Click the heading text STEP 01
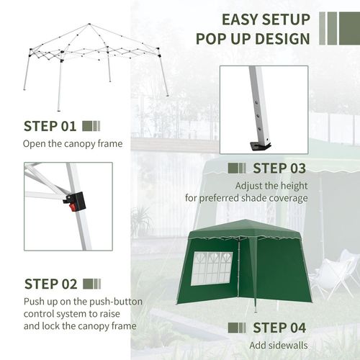click(50, 127)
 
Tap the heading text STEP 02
click(50, 283)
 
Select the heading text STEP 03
click(279, 168)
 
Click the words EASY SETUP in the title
click(266, 19)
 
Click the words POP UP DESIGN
click(251, 39)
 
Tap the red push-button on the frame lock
click(73, 207)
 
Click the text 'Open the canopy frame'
click(73, 144)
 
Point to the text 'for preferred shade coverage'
click(246, 198)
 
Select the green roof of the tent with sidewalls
click(245, 229)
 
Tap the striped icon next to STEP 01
click(91, 127)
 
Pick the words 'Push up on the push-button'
click(84, 300)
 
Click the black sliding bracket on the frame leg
click(76, 199)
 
